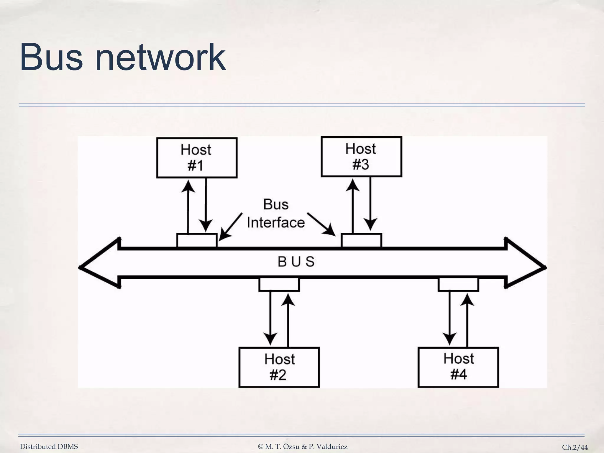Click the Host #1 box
(197, 158)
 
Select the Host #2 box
(279, 367)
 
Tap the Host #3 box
(361, 157)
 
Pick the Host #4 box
(458, 367)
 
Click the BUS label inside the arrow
(296, 262)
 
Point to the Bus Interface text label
(276, 214)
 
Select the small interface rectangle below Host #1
(197, 241)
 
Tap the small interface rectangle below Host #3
(361, 241)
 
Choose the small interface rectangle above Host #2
(279, 285)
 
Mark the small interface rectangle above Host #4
(458, 285)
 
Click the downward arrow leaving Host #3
(370, 203)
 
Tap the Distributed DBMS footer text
(49, 447)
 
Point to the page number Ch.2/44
(575, 447)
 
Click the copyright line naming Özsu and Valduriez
(303, 447)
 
